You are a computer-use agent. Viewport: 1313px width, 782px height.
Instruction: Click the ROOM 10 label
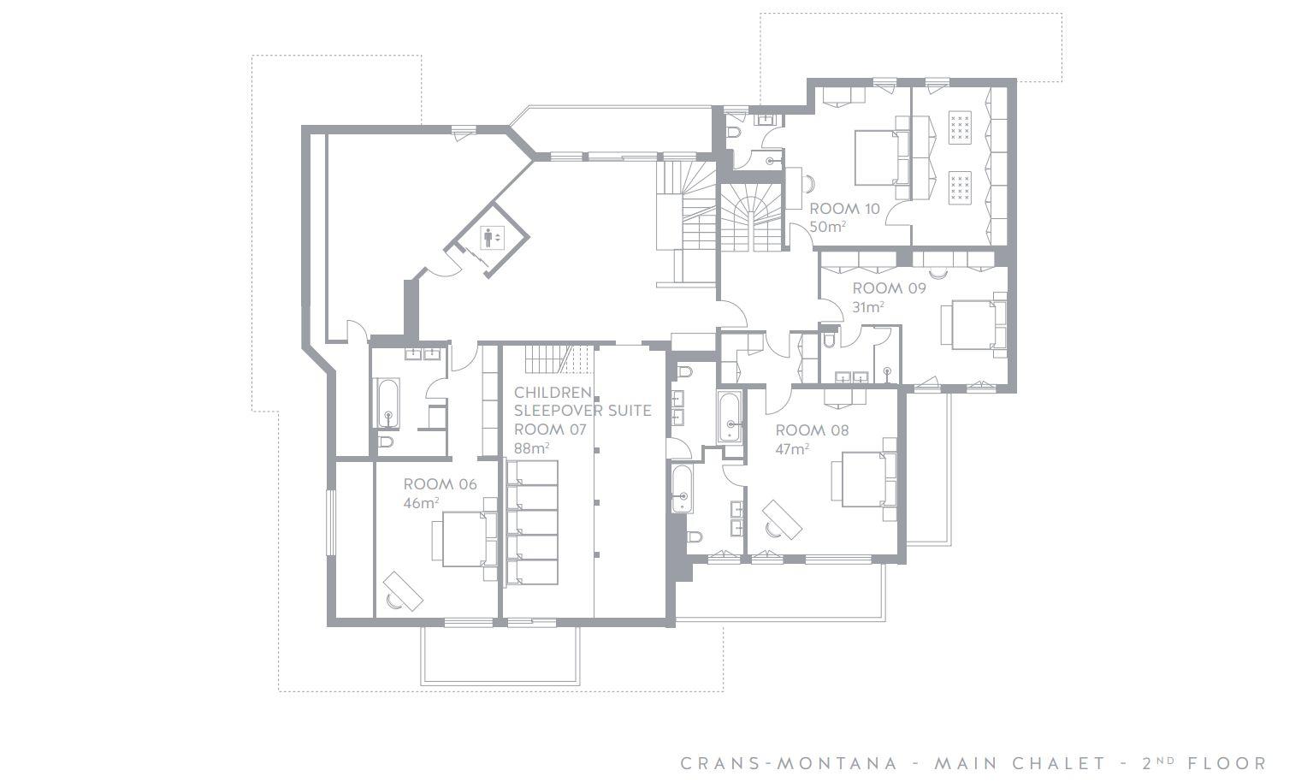point(844,209)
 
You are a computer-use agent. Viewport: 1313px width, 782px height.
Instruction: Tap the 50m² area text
point(827,226)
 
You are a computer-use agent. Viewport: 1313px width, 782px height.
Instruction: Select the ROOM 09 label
point(890,288)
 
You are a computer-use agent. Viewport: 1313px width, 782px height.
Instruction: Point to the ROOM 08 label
point(812,430)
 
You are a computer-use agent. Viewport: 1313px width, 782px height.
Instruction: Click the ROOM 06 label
point(441,484)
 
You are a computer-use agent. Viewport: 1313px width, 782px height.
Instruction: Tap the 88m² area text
point(532,448)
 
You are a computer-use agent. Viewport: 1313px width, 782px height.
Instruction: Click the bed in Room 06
point(464,539)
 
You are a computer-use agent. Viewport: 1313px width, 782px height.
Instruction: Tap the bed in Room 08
point(863,479)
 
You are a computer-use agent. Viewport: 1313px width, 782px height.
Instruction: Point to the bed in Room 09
point(973,325)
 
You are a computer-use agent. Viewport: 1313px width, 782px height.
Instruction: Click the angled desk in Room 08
point(782,519)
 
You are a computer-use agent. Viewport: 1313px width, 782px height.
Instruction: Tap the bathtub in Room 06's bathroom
point(387,403)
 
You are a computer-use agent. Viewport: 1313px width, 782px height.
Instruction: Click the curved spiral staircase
point(751,217)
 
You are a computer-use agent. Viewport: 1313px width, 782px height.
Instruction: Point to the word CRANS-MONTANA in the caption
point(789,763)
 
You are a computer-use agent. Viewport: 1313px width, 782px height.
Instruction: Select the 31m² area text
point(868,307)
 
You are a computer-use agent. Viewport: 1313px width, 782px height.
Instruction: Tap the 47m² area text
point(792,449)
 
